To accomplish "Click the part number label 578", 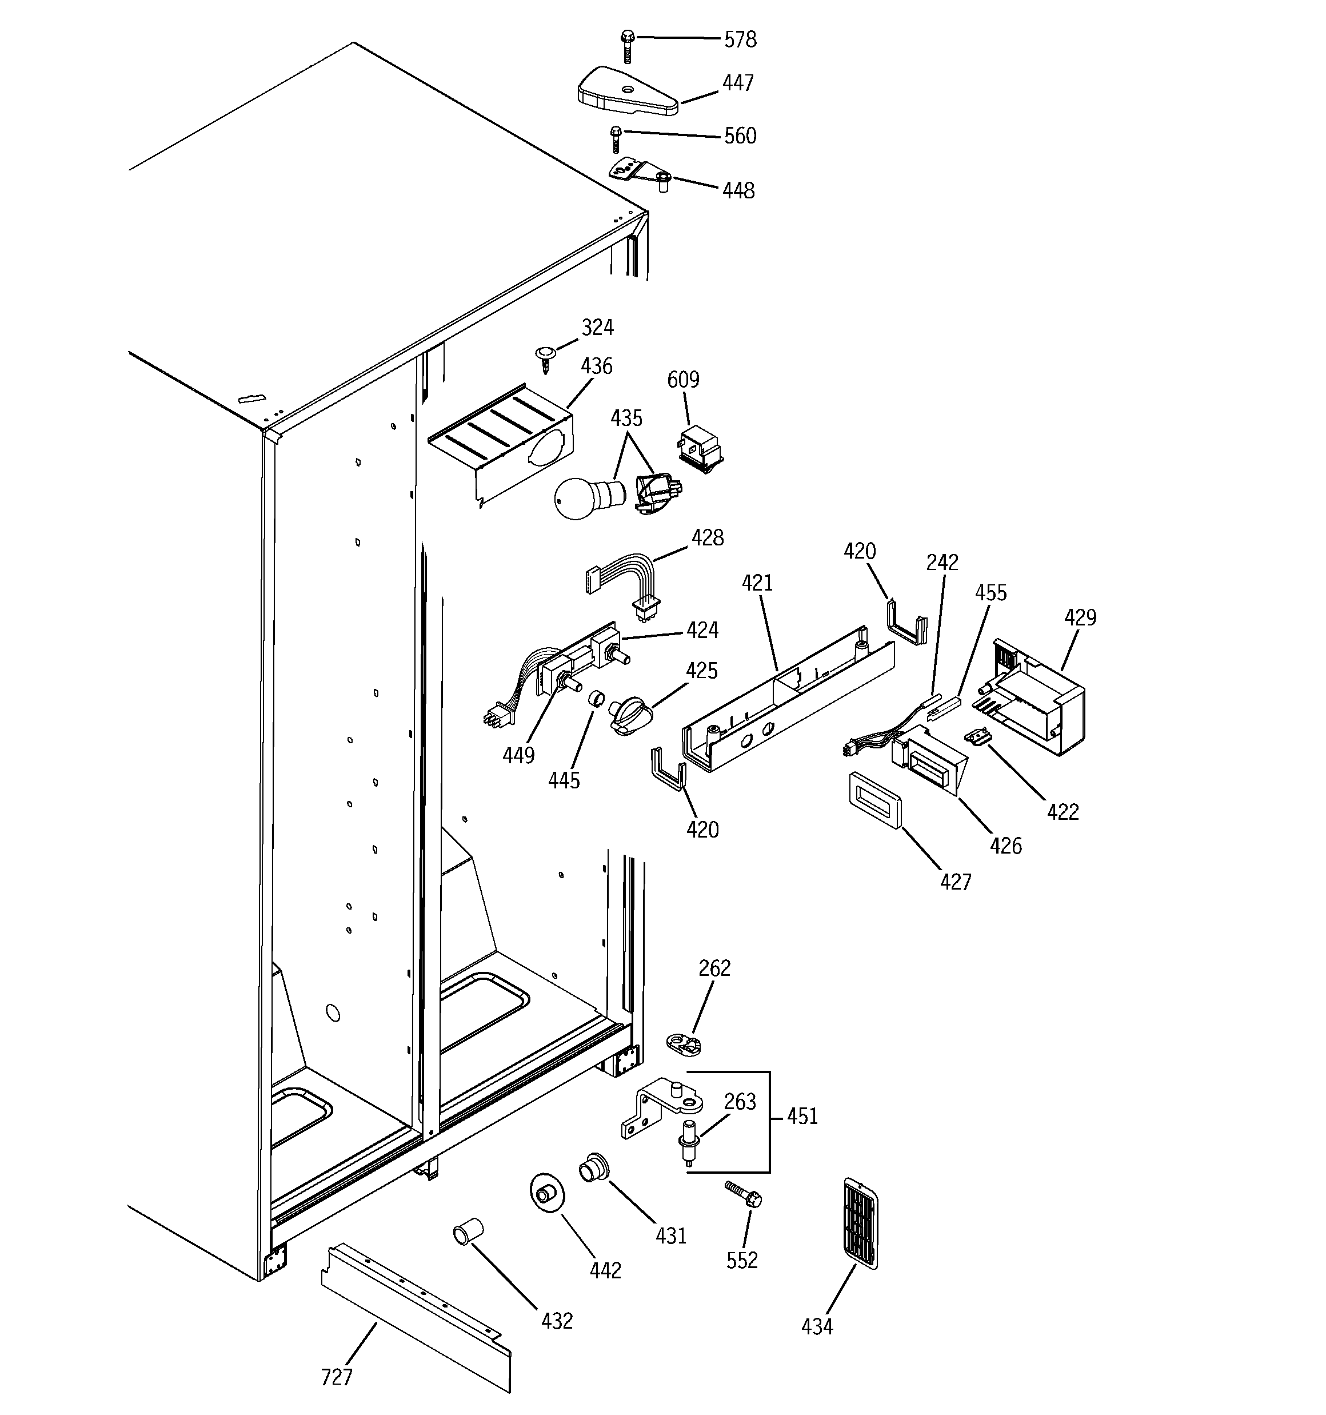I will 740,40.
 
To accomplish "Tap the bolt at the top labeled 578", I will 627,46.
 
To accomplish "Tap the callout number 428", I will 707,537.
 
